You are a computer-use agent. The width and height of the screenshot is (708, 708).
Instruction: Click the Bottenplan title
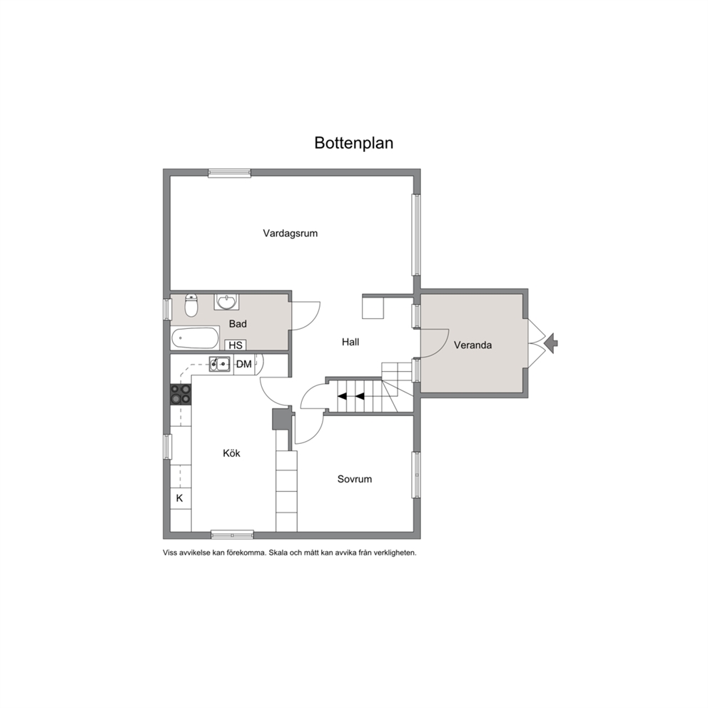(353, 143)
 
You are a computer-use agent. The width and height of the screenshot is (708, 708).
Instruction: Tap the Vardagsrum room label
(290, 233)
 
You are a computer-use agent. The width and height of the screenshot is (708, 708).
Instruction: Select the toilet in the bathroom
(191, 305)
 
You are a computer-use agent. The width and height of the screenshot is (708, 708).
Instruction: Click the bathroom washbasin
(227, 301)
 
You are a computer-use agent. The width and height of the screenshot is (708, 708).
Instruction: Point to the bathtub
(195, 338)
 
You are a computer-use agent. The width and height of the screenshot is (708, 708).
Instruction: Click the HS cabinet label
(236, 345)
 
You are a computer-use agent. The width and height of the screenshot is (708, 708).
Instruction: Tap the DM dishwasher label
(244, 365)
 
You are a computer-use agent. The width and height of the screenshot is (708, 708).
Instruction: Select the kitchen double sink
(219, 363)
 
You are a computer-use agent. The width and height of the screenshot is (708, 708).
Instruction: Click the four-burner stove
(181, 394)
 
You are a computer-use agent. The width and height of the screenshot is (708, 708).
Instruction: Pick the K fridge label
(179, 498)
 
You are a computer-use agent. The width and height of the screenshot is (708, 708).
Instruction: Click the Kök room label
(232, 453)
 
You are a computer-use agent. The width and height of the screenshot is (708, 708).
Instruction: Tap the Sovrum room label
(355, 479)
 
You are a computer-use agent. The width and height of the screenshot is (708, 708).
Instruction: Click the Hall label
(350, 343)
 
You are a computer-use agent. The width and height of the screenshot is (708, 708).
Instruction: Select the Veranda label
(472, 345)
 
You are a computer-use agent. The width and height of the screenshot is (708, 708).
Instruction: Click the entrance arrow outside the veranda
(551, 343)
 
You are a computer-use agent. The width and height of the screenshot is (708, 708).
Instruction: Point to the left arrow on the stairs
(343, 396)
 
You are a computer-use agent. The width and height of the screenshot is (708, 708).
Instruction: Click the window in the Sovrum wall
(416, 475)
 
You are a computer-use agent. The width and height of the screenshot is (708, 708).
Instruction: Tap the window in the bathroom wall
(167, 310)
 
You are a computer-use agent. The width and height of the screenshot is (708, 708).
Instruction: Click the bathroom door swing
(306, 316)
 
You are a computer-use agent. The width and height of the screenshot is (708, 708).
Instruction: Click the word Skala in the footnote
(278, 552)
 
